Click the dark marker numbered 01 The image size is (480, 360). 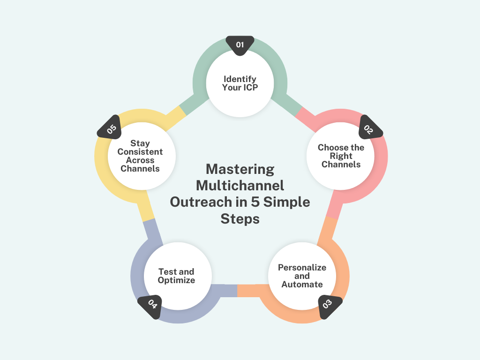pos(240,45)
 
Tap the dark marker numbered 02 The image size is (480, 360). pos(370,128)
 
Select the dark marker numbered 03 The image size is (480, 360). pos(329,306)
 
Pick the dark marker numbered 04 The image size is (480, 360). pos(150,306)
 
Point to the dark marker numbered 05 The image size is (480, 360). pos(110,128)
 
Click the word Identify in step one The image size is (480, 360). pos(240,79)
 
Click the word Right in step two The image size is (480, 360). pos(341,156)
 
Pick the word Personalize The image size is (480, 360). pos(302,268)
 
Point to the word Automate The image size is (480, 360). pos(302,285)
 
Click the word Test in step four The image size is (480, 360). pos(167,272)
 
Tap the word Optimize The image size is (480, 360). pos(176,280)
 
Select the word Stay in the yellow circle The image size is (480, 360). pos(140,143)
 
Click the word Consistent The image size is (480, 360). pos(140,152)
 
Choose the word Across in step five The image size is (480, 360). pos(140,160)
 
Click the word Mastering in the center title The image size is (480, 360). pos(240,170)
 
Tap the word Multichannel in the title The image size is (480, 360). pos(240,186)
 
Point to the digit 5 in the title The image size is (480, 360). pos(255,202)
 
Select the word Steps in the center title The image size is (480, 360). pos(240,219)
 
